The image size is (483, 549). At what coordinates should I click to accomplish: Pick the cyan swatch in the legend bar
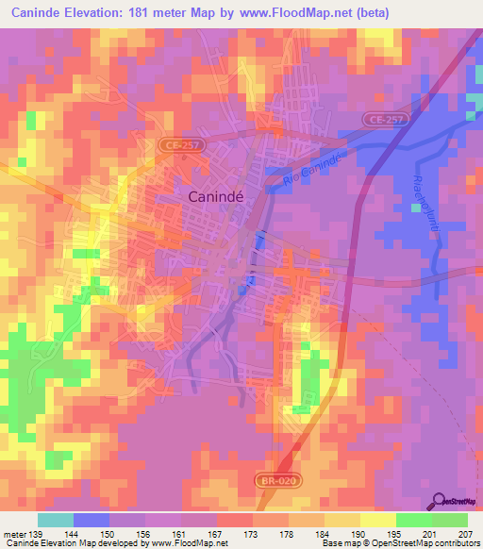(x=56, y=520)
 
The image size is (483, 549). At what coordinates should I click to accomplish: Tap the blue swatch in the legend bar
(x=92, y=520)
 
